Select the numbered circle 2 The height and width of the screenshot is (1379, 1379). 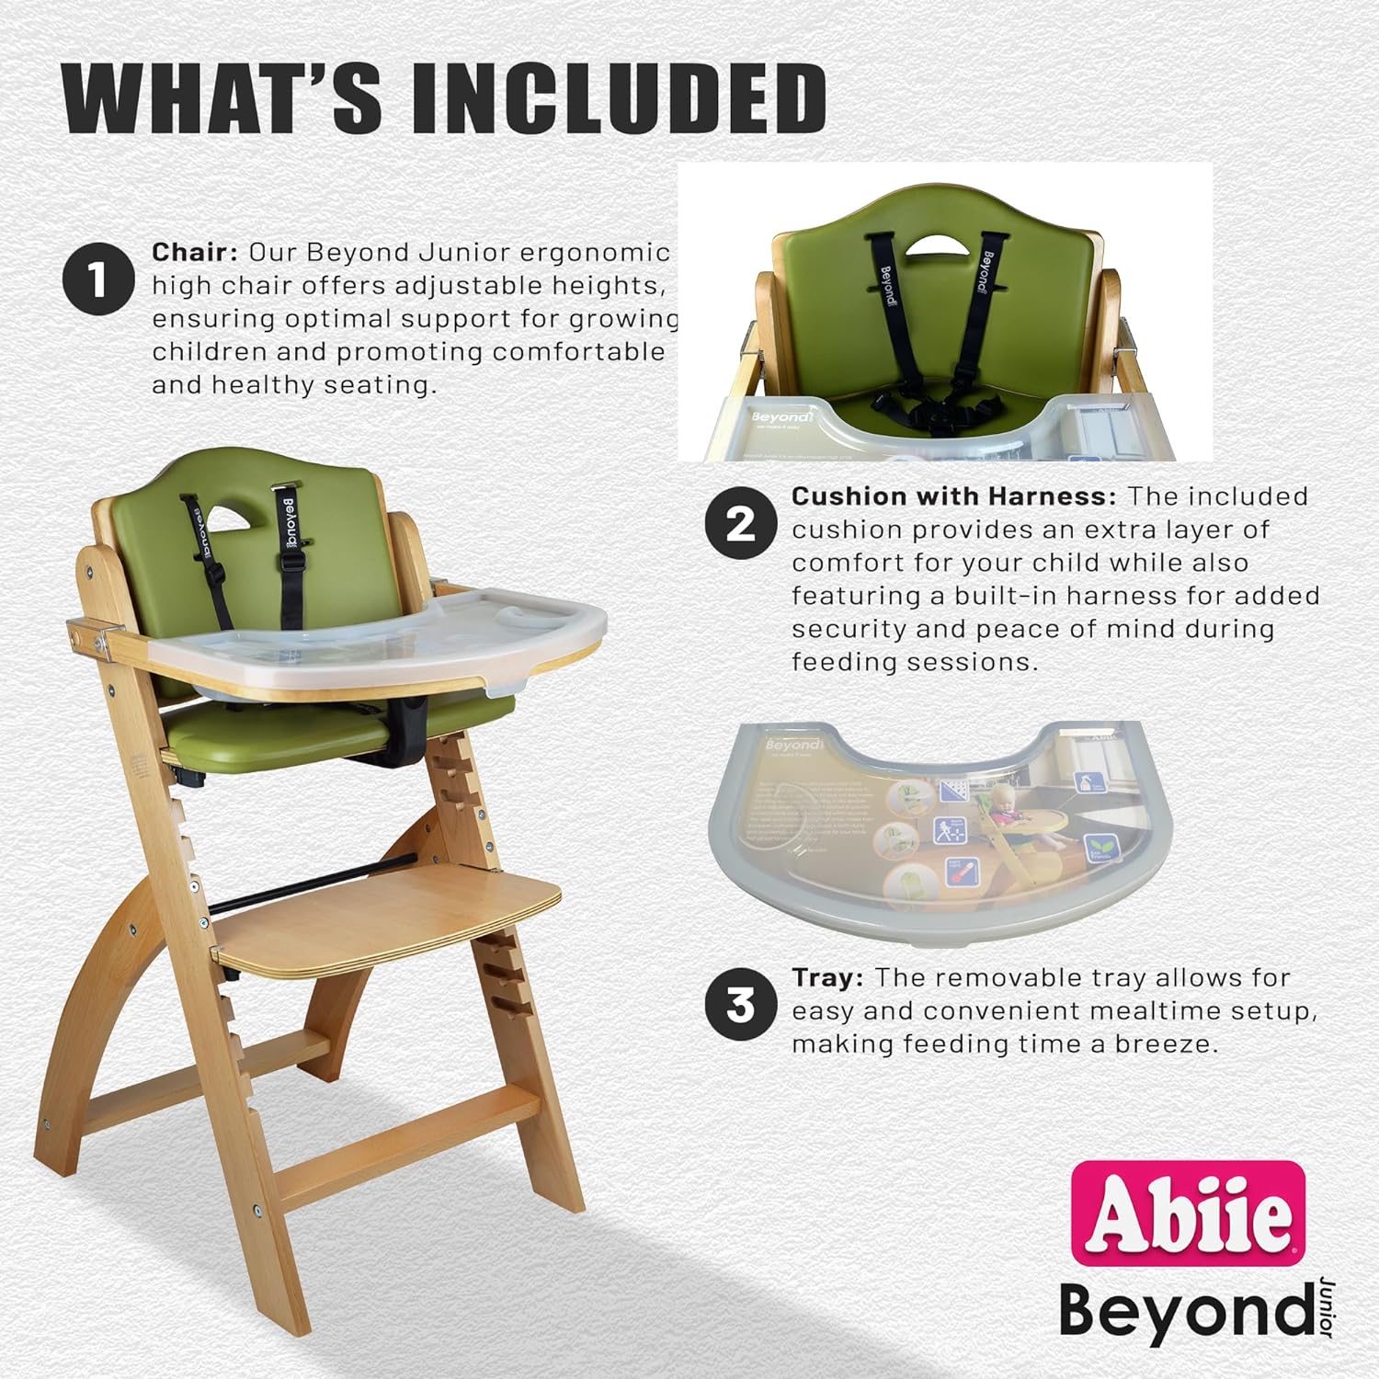click(740, 523)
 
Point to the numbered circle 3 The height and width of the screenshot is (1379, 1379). click(740, 1004)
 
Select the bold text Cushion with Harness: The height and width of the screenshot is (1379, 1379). click(953, 496)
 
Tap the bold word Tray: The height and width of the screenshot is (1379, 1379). click(826, 978)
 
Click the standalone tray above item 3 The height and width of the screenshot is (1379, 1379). click(929, 832)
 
